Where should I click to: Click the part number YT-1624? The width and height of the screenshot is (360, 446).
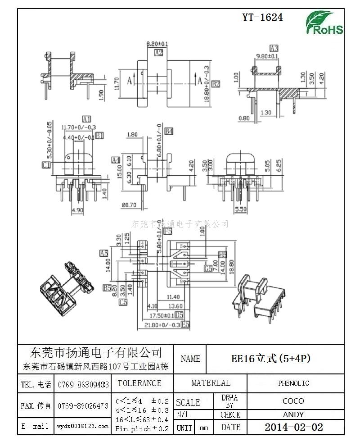pyautogui.click(x=262, y=18)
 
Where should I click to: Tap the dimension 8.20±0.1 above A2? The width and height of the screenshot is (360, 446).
pyautogui.click(x=157, y=44)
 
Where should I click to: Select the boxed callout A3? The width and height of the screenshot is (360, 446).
pyautogui.click(x=274, y=48)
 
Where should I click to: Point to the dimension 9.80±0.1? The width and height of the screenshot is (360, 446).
pyautogui.click(x=267, y=56)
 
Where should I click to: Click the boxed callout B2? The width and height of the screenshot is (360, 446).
pyautogui.click(x=216, y=84)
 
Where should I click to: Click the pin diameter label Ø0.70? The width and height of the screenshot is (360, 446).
pyautogui.click(x=129, y=205)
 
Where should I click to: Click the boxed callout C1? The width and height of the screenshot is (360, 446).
pyautogui.click(x=45, y=165)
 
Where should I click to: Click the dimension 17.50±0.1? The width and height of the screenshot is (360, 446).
pyautogui.click(x=160, y=315)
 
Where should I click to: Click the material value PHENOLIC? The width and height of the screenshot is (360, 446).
pyautogui.click(x=293, y=383)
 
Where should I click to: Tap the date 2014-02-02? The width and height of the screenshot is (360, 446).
pyautogui.click(x=293, y=427)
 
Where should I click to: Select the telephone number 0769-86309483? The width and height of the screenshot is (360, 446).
pyautogui.click(x=83, y=385)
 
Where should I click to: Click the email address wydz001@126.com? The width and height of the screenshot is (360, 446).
pyautogui.click(x=83, y=426)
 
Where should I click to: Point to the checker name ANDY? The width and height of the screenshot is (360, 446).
pyautogui.click(x=293, y=414)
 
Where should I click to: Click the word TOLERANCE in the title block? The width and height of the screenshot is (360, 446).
pyautogui.click(x=139, y=383)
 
